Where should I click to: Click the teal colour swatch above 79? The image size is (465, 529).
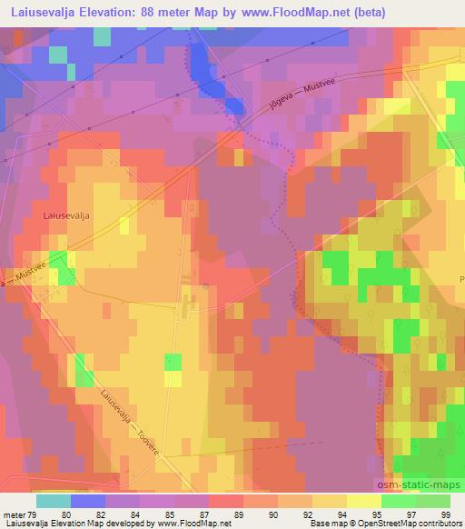coord(54,500)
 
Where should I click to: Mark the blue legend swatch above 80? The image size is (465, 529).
coord(88,500)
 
